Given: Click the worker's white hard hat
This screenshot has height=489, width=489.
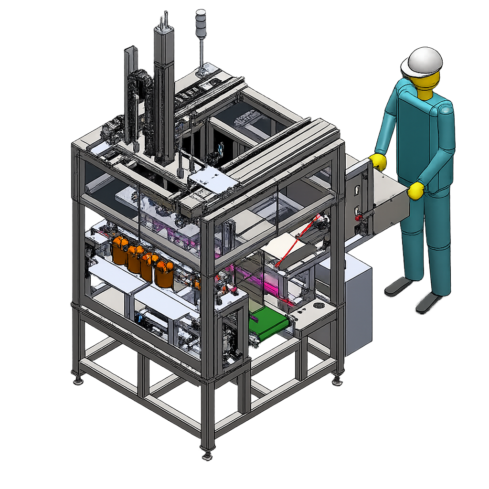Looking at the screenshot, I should pyautogui.click(x=422, y=62).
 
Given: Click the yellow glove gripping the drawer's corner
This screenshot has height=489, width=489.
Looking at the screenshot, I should pyautogui.click(x=415, y=191).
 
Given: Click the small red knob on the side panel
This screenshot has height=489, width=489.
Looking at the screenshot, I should pyautogui.click(x=357, y=218).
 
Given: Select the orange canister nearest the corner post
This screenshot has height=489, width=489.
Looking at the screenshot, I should pyautogui.click(x=164, y=274).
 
